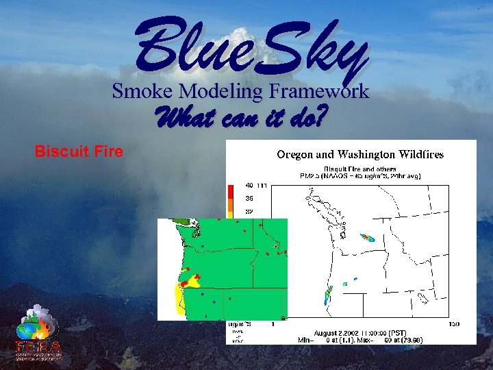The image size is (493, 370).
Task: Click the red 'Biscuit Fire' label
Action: coord(79,151)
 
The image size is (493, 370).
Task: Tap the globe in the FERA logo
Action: coord(28,330)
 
